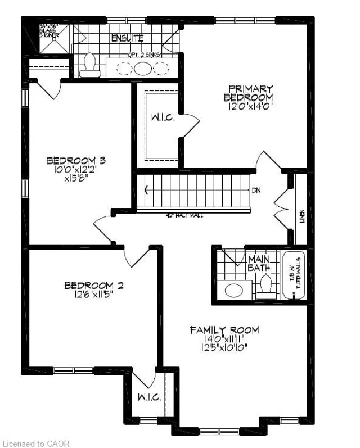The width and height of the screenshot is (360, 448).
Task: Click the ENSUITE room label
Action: click(x=127, y=39)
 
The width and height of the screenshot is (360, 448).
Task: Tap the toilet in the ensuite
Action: click(x=89, y=64)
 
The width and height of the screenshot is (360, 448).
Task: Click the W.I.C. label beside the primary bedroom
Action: click(x=162, y=119)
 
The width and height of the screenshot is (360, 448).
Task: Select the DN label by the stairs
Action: click(x=256, y=190)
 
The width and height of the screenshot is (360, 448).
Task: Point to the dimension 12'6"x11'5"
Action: click(x=93, y=294)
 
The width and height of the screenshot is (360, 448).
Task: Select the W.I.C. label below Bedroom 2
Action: click(x=149, y=397)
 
